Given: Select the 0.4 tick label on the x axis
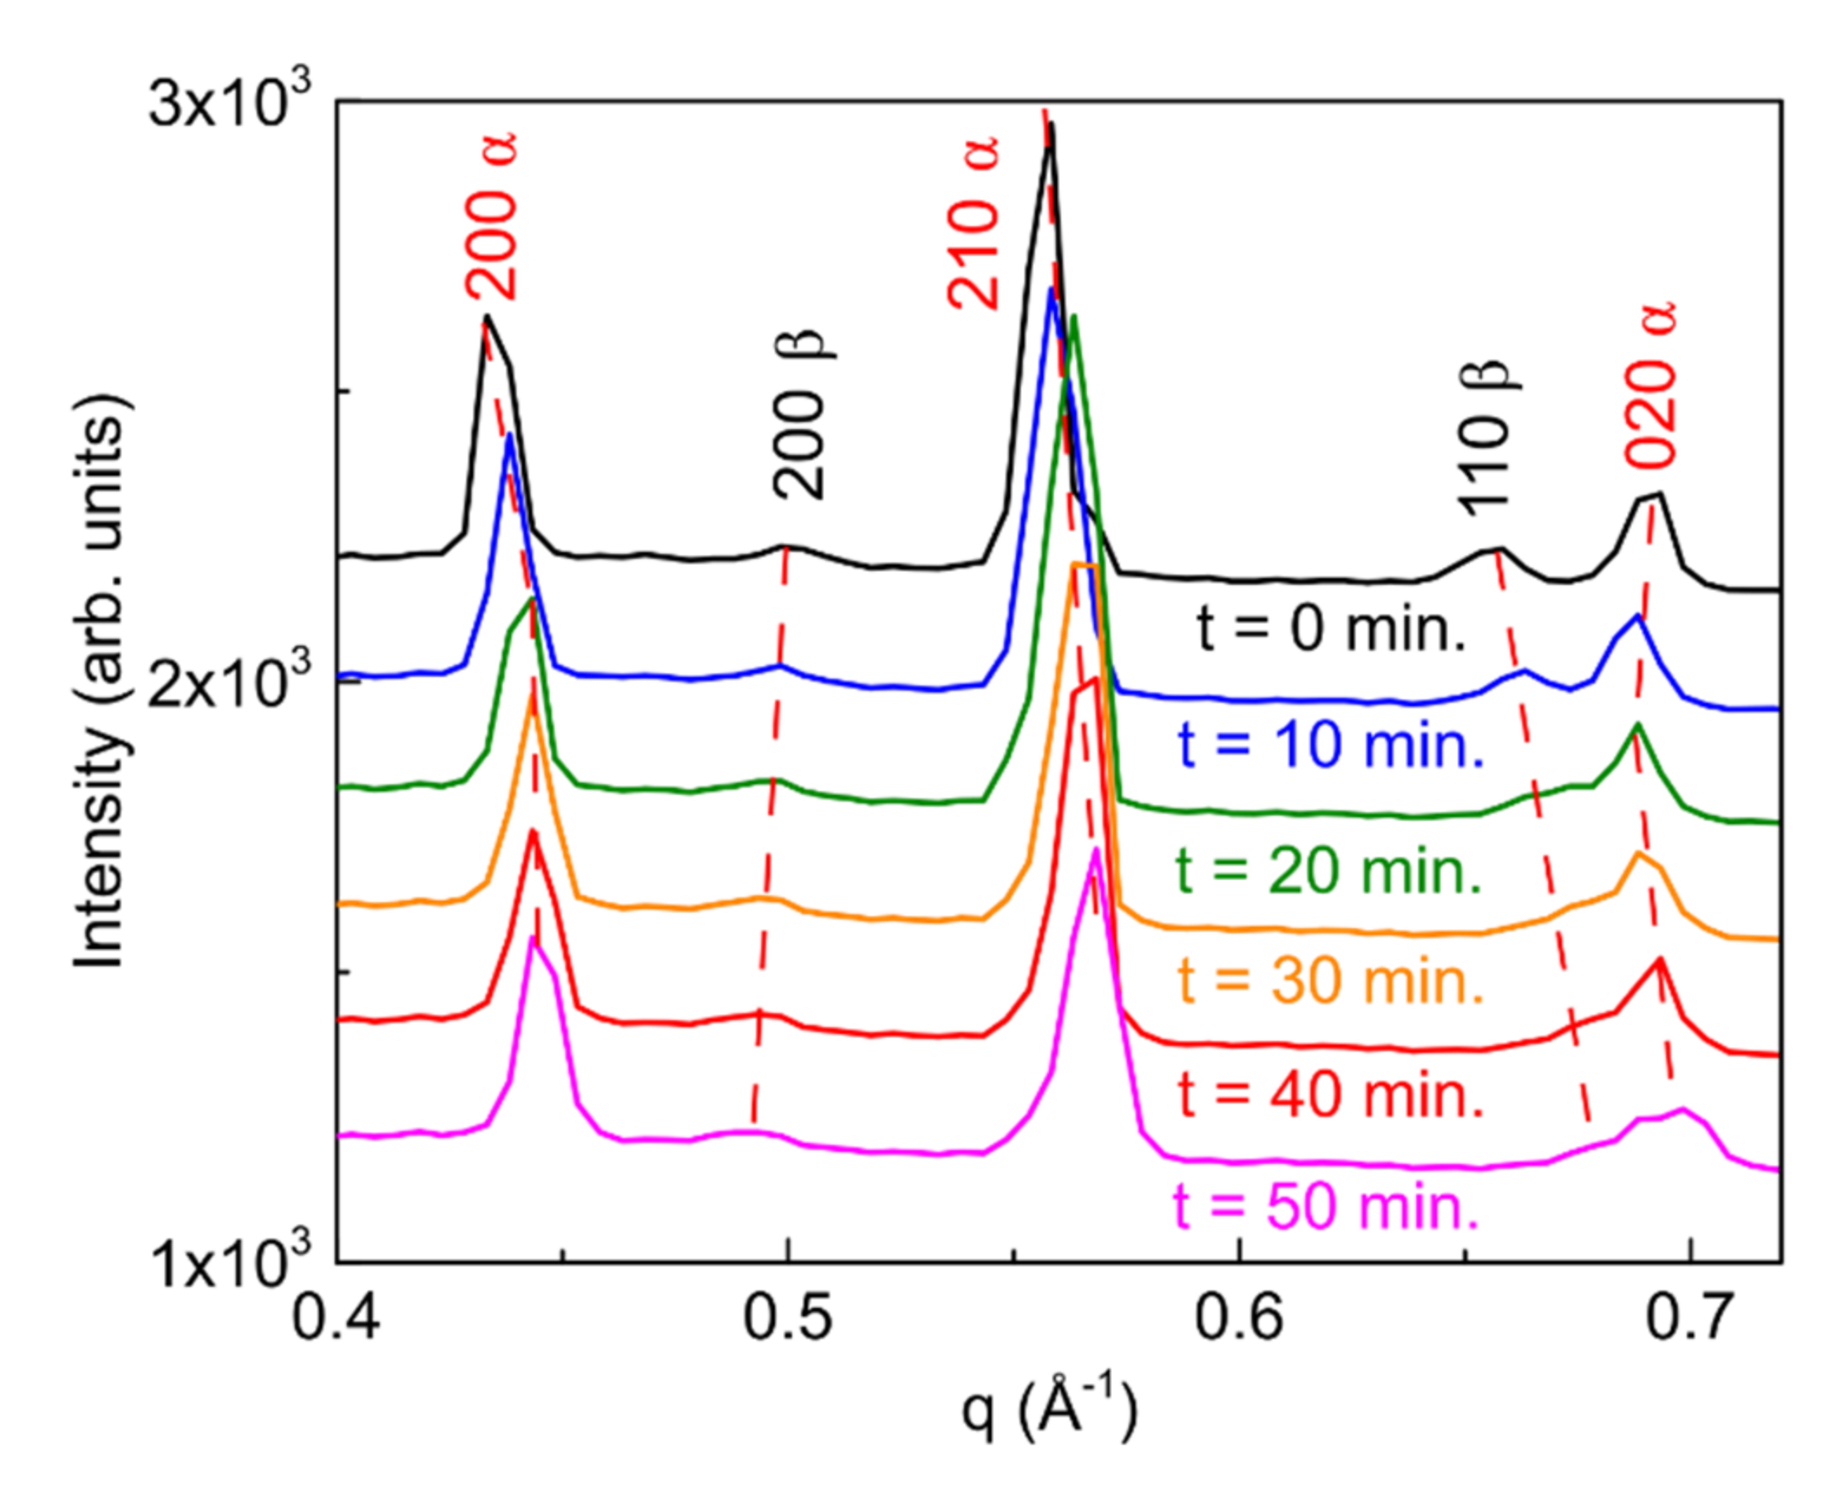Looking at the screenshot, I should (x=336, y=1318).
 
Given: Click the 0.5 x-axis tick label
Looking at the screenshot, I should (x=787, y=1318).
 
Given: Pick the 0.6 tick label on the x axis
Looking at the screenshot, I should (x=1239, y=1318).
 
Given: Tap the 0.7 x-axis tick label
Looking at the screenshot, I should (x=1689, y=1318).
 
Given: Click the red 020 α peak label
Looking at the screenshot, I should (x=1650, y=386).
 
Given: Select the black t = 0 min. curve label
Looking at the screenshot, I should (x=1330, y=628).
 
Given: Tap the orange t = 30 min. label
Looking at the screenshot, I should (x=1330, y=982).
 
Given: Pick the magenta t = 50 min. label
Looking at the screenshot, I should (x=1326, y=1207).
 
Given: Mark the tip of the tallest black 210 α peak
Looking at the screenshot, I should (x=1051, y=124).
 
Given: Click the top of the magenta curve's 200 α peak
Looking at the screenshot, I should (x=533, y=939).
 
